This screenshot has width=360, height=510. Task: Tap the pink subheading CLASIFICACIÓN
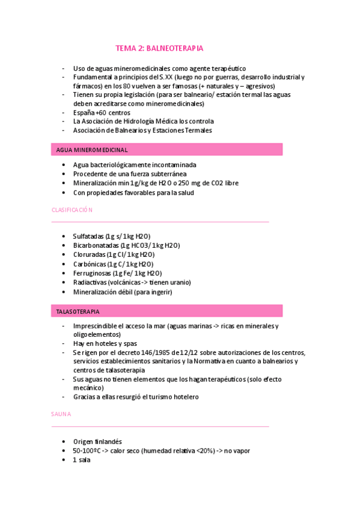[x=72, y=210]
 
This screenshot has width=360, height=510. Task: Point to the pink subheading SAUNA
[x=61, y=414]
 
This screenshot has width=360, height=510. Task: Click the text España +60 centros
[x=102, y=112]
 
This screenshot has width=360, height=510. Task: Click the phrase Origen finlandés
[x=97, y=441]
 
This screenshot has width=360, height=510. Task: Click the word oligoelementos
[x=97, y=334]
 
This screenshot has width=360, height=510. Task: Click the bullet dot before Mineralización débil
[x=64, y=292]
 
